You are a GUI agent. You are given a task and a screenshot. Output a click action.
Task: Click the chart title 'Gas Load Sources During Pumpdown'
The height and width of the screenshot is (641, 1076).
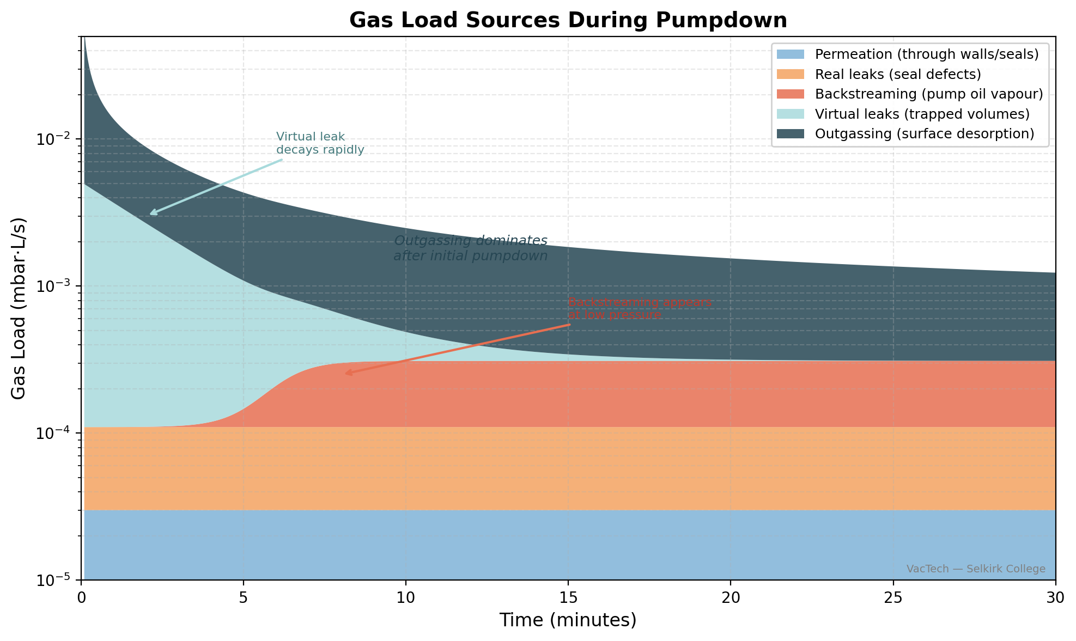[568, 20]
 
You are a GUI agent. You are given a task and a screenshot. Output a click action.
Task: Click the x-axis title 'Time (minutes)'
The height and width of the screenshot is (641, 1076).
[568, 620]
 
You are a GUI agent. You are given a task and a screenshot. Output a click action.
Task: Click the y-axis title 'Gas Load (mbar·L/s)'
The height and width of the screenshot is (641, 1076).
[19, 308]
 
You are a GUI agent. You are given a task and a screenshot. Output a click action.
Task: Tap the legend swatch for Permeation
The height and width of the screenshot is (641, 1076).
[790, 54]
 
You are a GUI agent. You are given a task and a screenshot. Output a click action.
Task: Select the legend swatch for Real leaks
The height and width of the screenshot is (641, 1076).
[790, 74]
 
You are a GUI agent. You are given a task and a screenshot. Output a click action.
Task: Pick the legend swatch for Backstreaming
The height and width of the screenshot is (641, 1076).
[790, 94]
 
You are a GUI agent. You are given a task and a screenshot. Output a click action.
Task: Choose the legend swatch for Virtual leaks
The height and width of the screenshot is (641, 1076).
[790, 114]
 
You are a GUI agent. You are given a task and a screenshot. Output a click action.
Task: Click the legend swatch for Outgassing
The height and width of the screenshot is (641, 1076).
[790, 134]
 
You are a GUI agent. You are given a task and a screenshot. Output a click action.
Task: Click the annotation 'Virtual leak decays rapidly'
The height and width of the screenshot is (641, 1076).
[320, 143]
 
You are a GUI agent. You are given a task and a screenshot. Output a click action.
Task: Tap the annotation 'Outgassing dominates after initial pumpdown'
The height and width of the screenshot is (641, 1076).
[470, 248]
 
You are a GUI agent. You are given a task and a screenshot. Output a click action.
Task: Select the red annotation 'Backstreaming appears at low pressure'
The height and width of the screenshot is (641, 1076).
[640, 309]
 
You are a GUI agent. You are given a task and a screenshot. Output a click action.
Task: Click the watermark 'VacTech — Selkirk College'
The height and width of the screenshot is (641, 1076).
[975, 569]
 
